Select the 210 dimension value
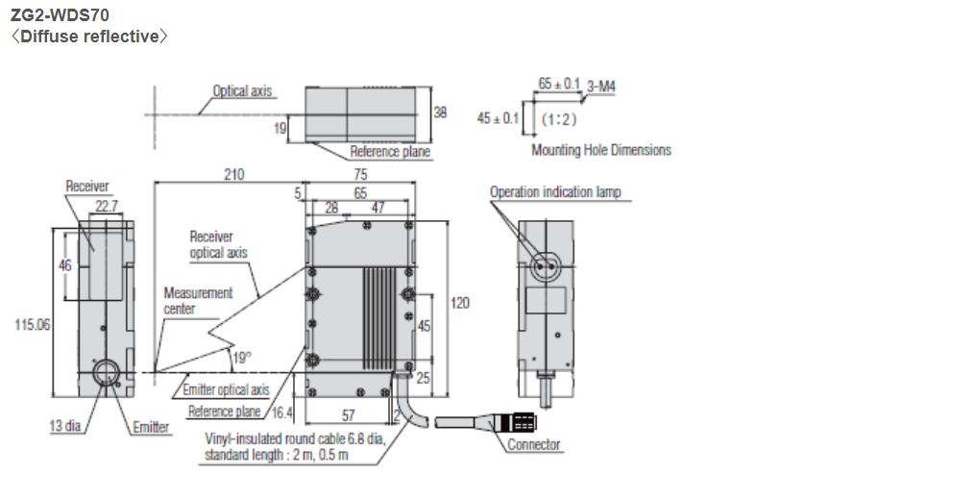(233, 174)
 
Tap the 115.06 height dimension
(32, 325)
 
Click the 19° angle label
(240, 358)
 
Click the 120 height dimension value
(460, 302)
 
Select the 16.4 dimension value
(281, 412)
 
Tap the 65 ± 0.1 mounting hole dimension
(559, 85)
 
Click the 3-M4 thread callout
(601, 86)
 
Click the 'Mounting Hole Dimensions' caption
(601, 150)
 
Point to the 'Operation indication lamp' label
(554, 191)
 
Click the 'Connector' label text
(533, 444)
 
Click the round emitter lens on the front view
(105, 373)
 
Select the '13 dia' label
(66, 427)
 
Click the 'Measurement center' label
(197, 300)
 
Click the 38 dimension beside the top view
(440, 112)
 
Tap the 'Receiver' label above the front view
(87, 186)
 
